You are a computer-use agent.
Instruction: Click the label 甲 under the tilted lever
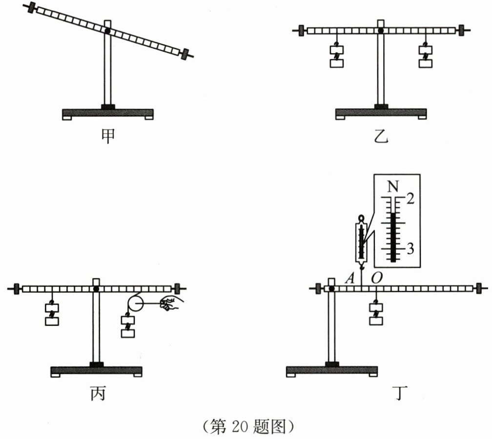point(108,136)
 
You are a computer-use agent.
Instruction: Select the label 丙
point(98,394)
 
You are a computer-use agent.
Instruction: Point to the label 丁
point(400,394)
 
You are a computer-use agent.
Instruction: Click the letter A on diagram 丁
point(349,277)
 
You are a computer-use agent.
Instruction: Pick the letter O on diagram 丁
point(376,277)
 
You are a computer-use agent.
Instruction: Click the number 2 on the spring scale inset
point(410,198)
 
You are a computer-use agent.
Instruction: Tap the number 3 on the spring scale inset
point(410,248)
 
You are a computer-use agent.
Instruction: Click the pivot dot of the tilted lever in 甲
point(107,31)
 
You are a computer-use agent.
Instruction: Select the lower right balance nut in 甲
point(185,54)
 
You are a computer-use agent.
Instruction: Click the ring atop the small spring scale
point(362,218)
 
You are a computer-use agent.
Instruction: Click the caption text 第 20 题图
point(248,426)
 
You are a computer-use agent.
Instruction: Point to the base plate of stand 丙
point(96,372)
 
